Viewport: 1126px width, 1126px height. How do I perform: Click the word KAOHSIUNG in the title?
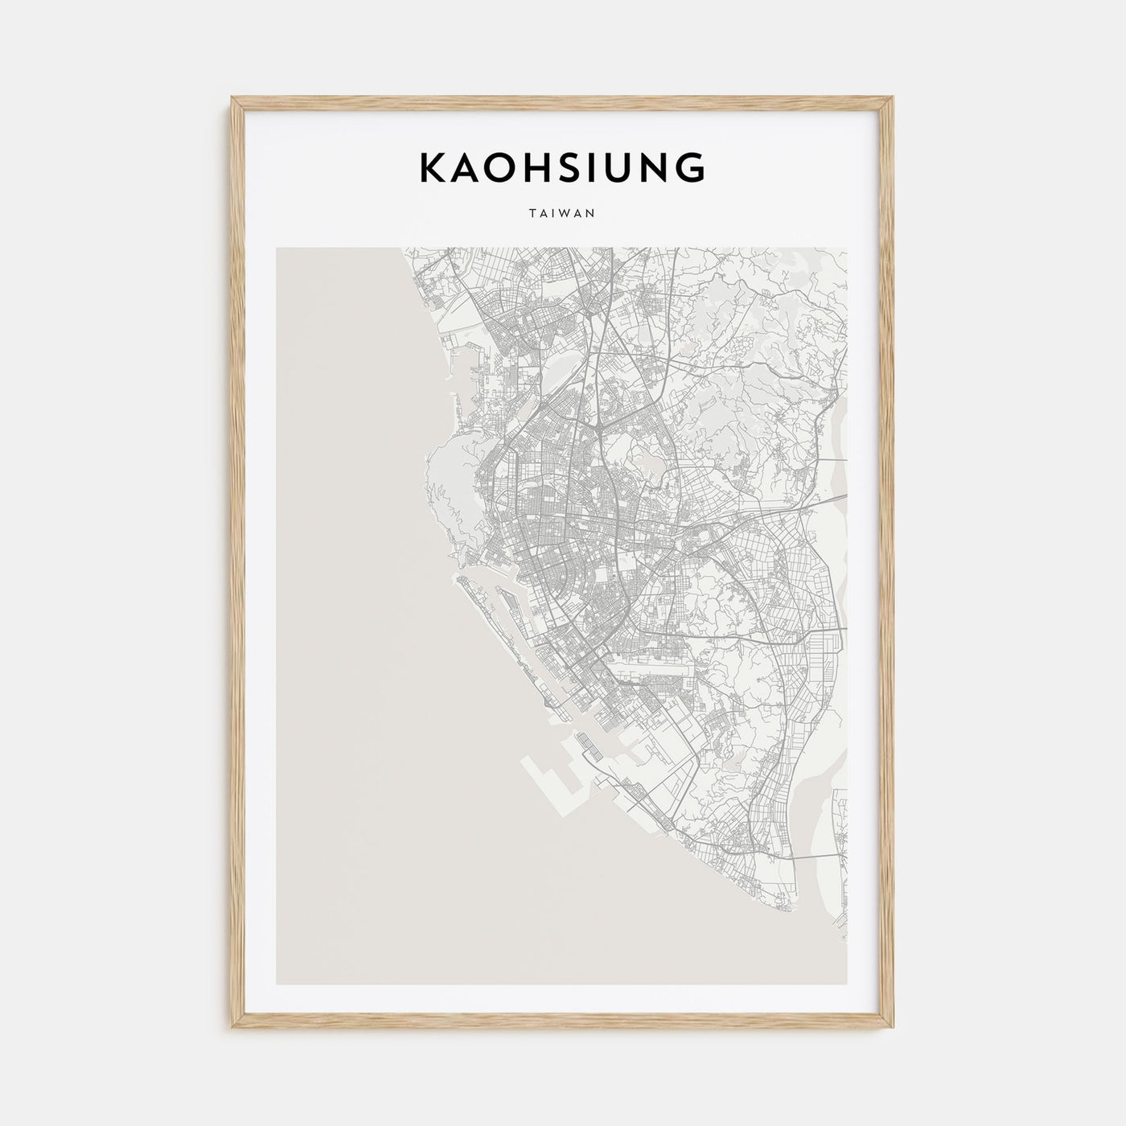pyautogui.click(x=562, y=167)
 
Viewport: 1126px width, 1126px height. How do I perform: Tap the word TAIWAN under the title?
pyautogui.click(x=562, y=214)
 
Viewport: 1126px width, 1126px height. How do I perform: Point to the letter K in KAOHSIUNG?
pyautogui.click(x=430, y=167)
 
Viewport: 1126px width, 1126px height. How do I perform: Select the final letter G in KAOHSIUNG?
pyautogui.click(x=691, y=167)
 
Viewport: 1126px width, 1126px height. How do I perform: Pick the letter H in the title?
pyautogui.click(x=528, y=167)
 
